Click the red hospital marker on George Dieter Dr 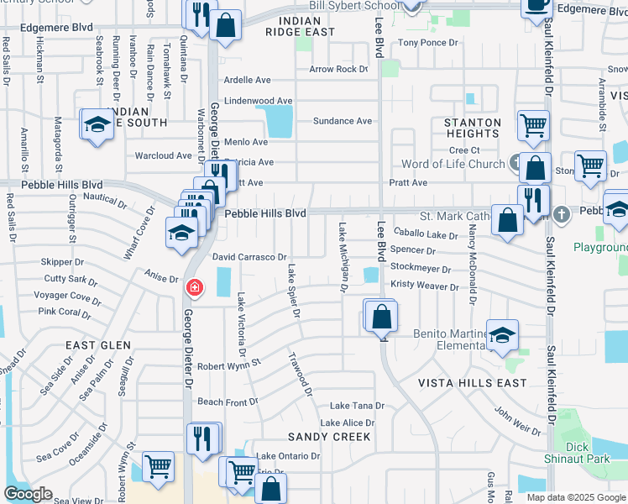coord(194,289)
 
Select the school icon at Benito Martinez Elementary coord(501,336)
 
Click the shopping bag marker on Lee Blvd coord(380,317)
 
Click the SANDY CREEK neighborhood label coord(329,437)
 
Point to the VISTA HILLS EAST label coord(474,383)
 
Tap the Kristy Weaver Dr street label coord(425,287)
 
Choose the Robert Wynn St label coord(229,366)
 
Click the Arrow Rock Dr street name coord(339,70)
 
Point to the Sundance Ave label coord(342,121)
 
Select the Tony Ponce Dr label coord(428,42)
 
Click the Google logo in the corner coord(29,495)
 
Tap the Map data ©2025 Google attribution coord(576,497)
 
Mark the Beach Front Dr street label coord(228,402)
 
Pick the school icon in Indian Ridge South coord(97,126)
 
